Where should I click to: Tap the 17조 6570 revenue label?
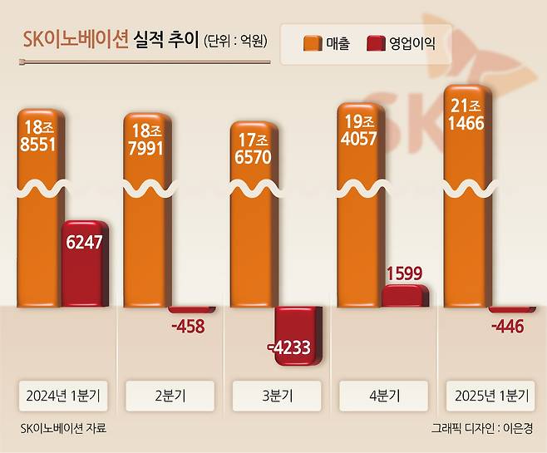click(254, 148)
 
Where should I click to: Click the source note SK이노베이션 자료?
click(62, 428)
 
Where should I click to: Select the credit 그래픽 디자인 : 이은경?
click(483, 428)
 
